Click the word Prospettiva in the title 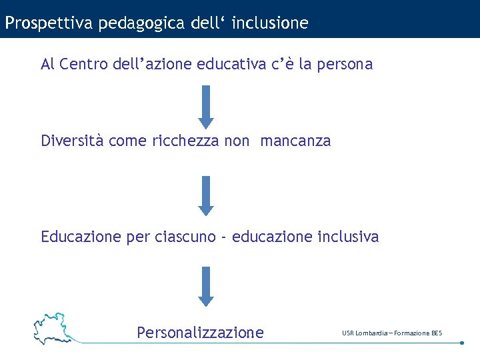49,23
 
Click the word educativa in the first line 231,65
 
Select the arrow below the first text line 206,106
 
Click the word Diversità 73,141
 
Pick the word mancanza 295,141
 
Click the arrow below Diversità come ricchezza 206,195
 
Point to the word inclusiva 348,237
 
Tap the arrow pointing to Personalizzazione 206,286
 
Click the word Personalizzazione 200,332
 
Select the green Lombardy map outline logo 53,327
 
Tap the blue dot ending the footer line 462,343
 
